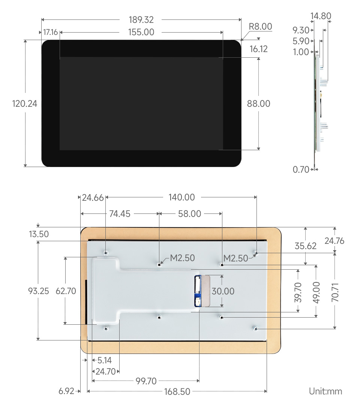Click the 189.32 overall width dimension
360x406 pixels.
click(x=141, y=20)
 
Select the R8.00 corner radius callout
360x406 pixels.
click(x=260, y=27)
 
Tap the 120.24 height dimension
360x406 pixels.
click(x=25, y=104)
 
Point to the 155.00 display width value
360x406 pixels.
click(x=141, y=32)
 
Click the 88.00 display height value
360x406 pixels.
click(x=258, y=104)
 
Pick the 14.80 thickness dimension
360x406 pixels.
click(x=321, y=16)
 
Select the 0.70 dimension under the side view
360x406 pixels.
click(x=301, y=170)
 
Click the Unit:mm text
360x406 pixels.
click(x=325, y=391)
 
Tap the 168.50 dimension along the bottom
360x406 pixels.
click(x=177, y=392)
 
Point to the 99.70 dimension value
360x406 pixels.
click(x=146, y=381)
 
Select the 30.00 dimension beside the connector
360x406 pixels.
click(x=223, y=291)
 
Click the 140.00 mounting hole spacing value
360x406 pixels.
click(x=181, y=197)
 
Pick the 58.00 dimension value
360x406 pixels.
click(x=189, y=214)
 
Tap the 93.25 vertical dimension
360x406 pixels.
click(x=39, y=291)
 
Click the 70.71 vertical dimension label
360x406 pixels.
click(x=335, y=291)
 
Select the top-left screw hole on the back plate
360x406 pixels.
click(x=106, y=252)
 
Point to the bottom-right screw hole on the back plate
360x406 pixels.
click(x=255, y=329)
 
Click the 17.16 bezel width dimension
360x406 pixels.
click(x=50, y=32)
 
